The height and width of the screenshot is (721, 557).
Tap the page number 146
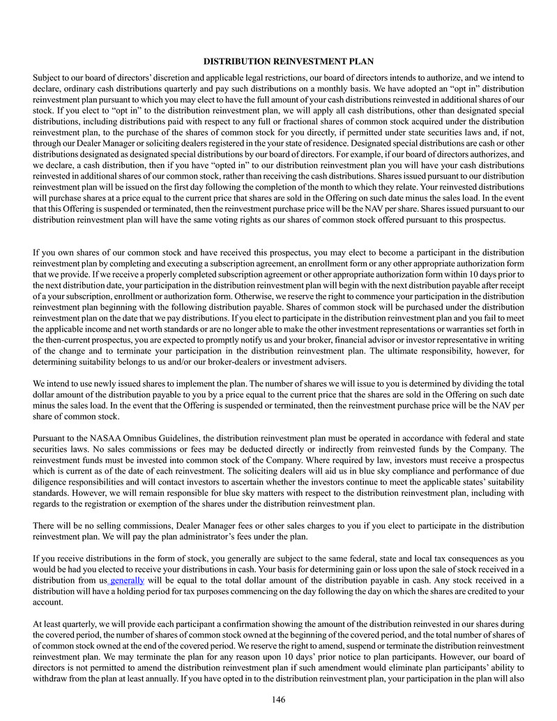pyautogui.click(x=278, y=699)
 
